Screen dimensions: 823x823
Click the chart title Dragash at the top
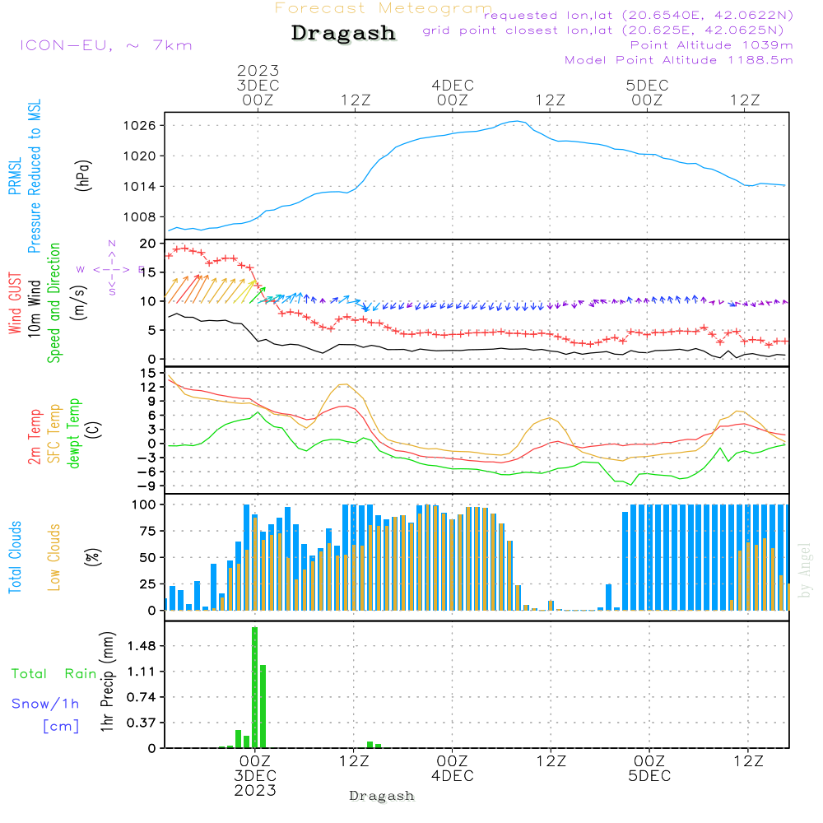[343, 34]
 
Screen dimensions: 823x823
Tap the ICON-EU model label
[105, 45]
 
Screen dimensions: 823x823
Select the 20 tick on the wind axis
[149, 244]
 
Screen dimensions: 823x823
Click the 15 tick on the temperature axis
[149, 374]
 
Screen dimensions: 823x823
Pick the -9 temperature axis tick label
[147, 486]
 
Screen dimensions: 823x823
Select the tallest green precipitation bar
[255, 687]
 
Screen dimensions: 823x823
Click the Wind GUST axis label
[15, 305]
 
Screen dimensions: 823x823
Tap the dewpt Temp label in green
[74, 434]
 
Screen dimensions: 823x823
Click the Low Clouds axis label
[54, 557]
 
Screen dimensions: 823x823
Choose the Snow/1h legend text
[46, 704]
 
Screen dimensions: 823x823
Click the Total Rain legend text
[53, 674]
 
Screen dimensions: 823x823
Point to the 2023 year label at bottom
[255, 791]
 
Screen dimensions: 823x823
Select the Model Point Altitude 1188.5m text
[679, 60]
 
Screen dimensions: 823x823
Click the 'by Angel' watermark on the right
[805, 571]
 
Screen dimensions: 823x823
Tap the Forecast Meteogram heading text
[384, 8]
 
